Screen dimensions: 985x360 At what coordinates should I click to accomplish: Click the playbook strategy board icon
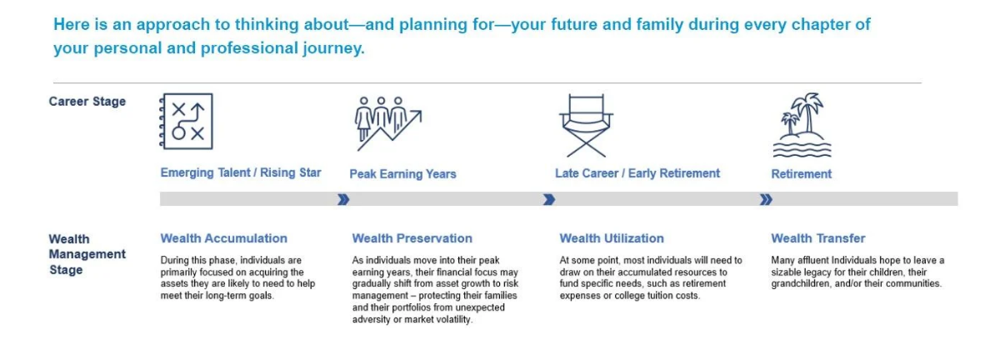[x=186, y=122]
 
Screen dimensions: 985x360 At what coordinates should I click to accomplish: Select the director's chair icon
[x=586, y=125]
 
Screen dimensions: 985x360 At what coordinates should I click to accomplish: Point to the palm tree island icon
[x=802, y=124]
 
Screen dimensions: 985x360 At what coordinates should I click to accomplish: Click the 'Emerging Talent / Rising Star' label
[x=241, y=172]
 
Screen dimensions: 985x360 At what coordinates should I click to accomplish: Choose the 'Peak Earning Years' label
[x=402, y=174]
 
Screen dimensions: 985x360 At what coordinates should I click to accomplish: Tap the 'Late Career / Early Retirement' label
[x=637, y=172]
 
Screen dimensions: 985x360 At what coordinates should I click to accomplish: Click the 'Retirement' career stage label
[x=801, y=174]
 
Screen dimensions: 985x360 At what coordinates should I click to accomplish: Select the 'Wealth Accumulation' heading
[x=223, y=238]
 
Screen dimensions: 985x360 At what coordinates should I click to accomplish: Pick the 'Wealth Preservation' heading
[x=412, y=238]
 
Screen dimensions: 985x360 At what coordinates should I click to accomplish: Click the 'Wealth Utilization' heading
[x=611, y=238]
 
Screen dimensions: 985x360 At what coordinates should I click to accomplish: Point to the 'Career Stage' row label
[x=87, y=102]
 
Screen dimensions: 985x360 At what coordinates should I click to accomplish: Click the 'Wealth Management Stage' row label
[x=87, y=254]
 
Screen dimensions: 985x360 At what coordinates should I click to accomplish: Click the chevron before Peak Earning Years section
[x=343, y=200]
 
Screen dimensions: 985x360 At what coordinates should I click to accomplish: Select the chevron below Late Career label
[x=549, y=200]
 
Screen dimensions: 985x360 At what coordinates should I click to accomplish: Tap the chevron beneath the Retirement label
[x=765, y=200]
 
